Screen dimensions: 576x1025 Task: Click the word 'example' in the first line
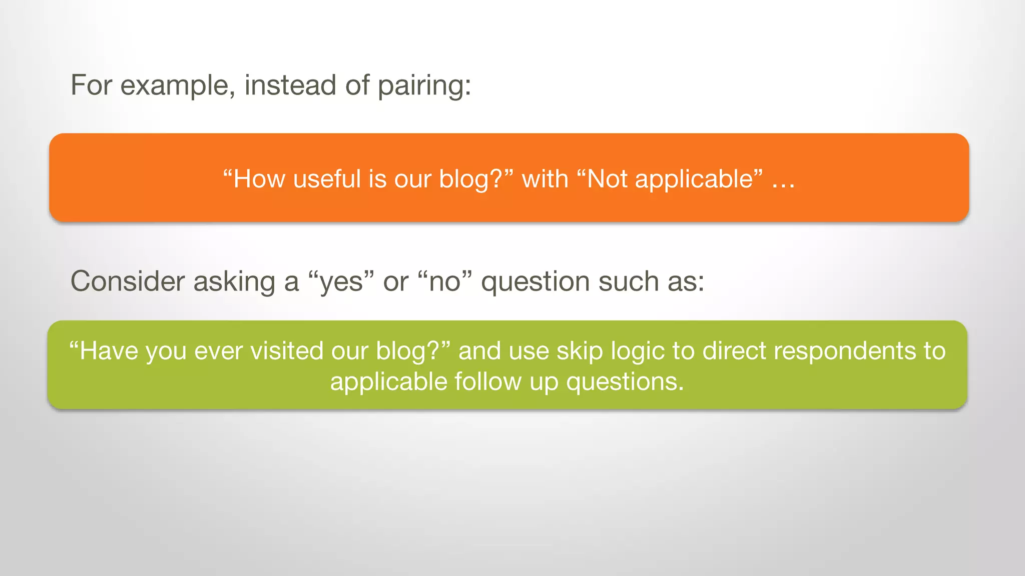pyautogui.click(x=178, y=86)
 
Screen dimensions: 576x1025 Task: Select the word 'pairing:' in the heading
pyautogui.click(x=424, y=86)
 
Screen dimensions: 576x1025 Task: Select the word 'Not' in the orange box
pyautogui.click(x=607, y=179)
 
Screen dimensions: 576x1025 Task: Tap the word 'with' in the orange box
pyautogui.click(x=545, y=179)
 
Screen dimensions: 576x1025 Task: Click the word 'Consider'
pyautogui.click(x=128, y=281)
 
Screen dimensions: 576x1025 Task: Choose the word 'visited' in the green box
pyautogui.click(x=287, y=351)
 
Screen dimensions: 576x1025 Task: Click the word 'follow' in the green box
pyautogui.click(x=488, y=382)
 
